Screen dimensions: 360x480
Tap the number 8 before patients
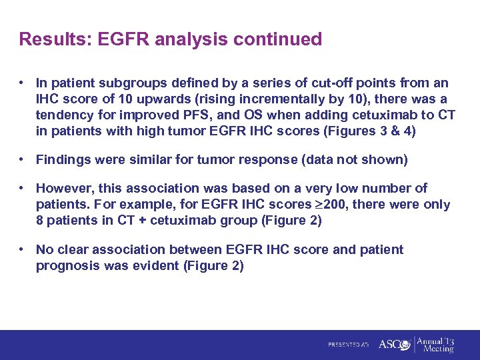[x=40, y=221]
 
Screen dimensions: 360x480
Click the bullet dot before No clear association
[x=23, y=249]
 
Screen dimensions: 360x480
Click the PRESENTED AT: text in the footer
[x=348, y=345]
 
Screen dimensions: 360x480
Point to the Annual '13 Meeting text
[x=437, y=344]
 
